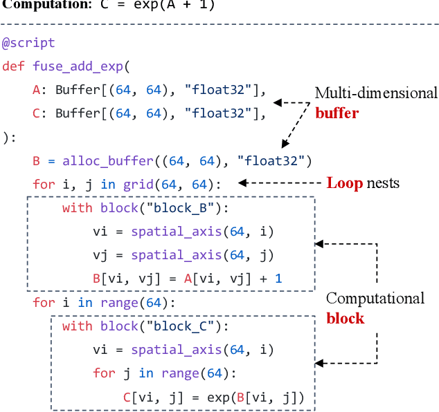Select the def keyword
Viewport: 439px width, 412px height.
[x=12, y=66]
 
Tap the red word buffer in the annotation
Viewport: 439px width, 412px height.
[x=337, y=112]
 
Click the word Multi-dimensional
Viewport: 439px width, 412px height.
[x=376, y=93]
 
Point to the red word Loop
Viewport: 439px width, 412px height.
[x=344, y=183]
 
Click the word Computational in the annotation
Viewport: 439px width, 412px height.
[x=375, y=299]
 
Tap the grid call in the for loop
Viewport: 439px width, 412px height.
[x=137, y=185]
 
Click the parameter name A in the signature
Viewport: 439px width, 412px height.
[x=36, y=90]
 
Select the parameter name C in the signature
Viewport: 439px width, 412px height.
[x=36, y=113]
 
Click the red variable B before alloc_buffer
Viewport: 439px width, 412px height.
[x=36, y=161]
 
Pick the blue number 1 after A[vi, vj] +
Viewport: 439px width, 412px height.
[x=278, y=279]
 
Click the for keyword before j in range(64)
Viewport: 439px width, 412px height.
[x=104, y=373]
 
